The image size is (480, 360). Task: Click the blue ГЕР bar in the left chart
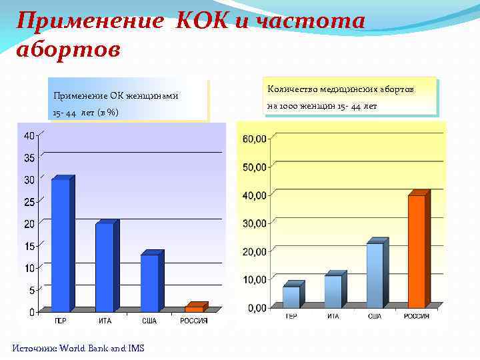[61, 245]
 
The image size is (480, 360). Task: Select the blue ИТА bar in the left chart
[105, 267]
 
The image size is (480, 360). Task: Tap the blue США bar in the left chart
[149, 283]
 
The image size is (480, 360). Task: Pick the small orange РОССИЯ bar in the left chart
[194, 308]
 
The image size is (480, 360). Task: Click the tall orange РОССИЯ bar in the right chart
[417, 251]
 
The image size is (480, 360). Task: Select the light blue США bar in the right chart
[375, 275]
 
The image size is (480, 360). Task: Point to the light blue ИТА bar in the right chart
[333, 291]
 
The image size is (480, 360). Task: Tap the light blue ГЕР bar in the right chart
[291, 296]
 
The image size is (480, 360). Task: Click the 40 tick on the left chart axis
[30, 136]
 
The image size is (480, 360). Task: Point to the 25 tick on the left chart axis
[30, 201]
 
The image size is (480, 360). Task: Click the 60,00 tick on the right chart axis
[254, 139]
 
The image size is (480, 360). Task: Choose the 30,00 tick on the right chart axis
[254, 223]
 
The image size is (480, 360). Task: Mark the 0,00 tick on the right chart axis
[256, 308]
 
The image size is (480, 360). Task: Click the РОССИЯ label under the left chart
[194, 321]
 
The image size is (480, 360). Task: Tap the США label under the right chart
[375, 316]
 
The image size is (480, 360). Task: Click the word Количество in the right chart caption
[292, 89]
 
